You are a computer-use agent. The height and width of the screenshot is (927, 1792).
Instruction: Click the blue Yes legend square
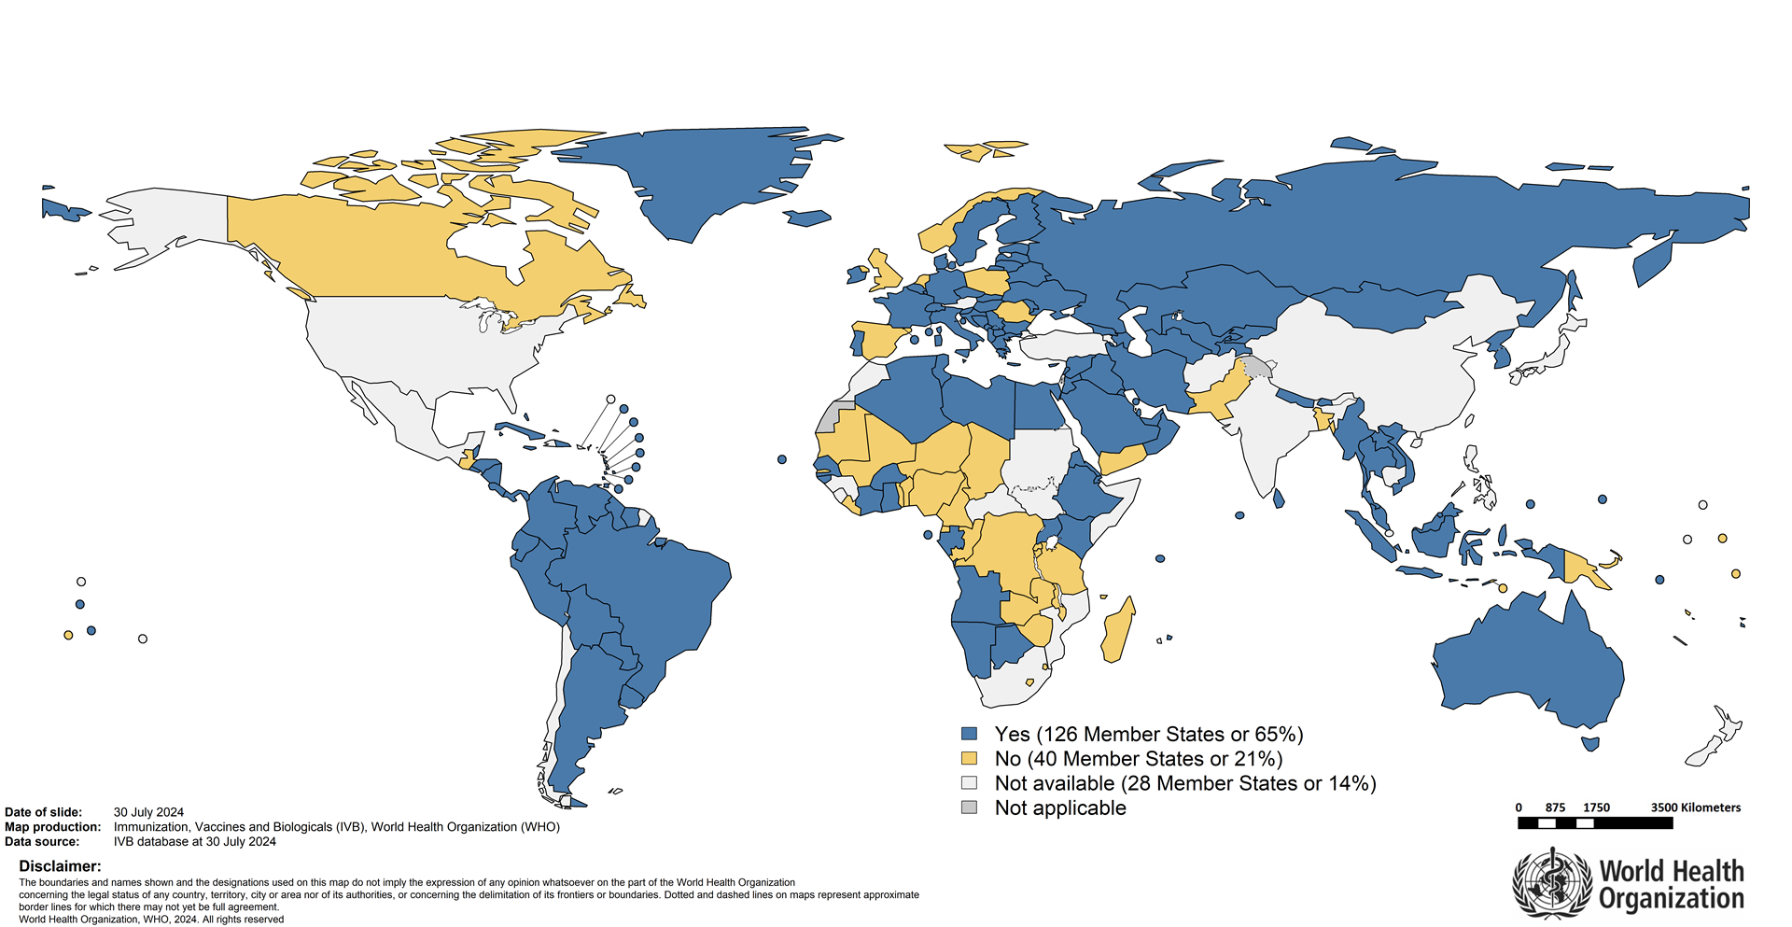point(970,734)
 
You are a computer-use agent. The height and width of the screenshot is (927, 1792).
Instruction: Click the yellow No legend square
point(970,758)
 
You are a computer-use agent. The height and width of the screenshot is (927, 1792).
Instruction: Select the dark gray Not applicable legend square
point(970,808)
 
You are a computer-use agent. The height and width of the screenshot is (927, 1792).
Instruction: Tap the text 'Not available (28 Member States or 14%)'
point(1185,783)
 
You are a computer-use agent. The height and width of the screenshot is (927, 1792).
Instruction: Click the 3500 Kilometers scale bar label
point(1695,808)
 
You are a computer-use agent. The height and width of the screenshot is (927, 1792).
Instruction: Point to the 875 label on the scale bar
point(1555,808)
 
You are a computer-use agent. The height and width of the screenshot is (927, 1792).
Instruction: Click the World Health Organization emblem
point(1551,883)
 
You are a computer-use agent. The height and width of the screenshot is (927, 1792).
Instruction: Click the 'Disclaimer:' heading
point(60,866)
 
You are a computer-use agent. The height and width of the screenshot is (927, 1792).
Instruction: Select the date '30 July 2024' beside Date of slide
point(148,812)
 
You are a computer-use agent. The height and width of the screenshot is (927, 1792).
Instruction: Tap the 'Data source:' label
point(42,841)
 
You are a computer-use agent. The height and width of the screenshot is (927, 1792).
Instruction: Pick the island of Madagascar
point(1117,630)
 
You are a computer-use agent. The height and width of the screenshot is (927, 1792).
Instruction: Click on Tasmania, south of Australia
point(1591,744)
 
